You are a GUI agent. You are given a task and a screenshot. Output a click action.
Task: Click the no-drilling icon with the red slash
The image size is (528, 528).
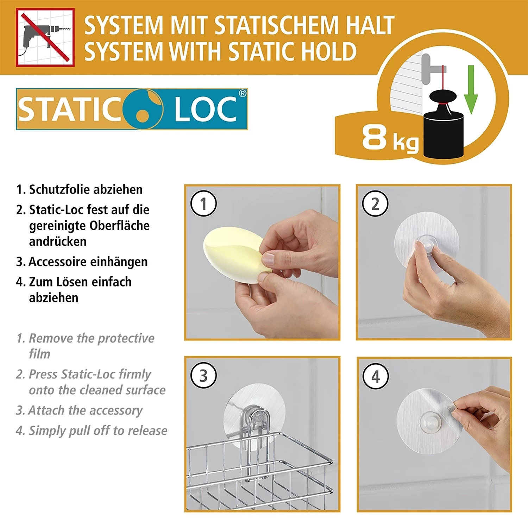pos(45,37)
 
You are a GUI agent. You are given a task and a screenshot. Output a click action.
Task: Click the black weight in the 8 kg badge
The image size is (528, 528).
pos(443,130)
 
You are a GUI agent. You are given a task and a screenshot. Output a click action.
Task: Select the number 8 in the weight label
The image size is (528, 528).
pos(375,137)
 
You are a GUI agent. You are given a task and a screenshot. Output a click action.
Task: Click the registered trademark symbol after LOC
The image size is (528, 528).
pos(243,94)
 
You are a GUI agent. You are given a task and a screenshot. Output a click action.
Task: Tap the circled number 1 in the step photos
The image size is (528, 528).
pos(203,203)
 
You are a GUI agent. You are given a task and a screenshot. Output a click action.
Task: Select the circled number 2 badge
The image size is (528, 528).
pos(375,204)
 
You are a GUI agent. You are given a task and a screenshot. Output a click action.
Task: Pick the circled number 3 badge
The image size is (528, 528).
pos(203,376)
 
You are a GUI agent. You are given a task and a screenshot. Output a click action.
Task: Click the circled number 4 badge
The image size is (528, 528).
pos(376,376)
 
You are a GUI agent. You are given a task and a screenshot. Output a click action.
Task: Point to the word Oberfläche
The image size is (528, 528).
pos(119,226)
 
